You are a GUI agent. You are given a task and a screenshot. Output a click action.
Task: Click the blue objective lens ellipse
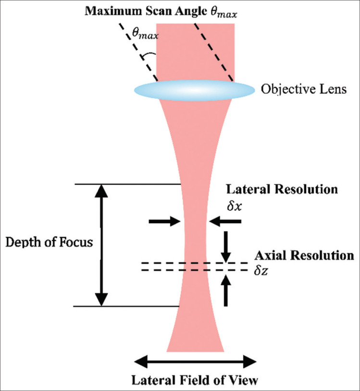point(194,90)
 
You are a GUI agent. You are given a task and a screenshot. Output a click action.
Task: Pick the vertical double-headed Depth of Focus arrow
point(101,245)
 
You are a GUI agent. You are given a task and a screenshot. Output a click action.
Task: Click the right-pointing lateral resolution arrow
point(163,221)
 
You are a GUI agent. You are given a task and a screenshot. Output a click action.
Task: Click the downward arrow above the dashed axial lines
point(226,244)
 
